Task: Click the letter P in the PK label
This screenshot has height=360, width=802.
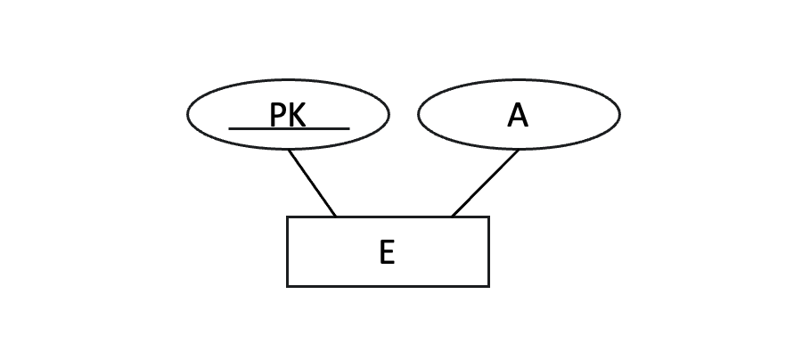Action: [x=277, y=115]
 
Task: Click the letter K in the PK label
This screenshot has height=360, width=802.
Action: [x=297, y=115]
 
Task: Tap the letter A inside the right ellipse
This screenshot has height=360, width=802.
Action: [x=518, y=115]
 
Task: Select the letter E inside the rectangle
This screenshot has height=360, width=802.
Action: [x=387, y=252]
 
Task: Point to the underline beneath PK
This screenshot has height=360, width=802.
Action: [x=289, y=128]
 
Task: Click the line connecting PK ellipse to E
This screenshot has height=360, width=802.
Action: [x=312, y=183]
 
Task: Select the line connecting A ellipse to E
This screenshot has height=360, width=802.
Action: [x=485, y=183]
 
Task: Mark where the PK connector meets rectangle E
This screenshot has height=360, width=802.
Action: [x=336, y=217]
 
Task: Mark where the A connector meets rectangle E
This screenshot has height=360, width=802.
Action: [x=452, y=217]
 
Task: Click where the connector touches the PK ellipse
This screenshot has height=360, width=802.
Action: [x=288, y=150]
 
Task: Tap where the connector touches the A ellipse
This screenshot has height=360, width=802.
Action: [x=519, y=150]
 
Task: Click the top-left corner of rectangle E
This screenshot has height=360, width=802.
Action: [x=287, y=217]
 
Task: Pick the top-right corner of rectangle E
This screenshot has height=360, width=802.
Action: [x=488, y=217]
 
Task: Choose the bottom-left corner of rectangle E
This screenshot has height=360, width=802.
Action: [x=287, y=286]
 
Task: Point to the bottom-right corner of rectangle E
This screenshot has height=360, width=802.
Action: [x=488, y=286]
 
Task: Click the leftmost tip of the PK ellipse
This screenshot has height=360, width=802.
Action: [x=188, y=114]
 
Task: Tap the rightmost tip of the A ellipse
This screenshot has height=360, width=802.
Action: [x=619, y=114]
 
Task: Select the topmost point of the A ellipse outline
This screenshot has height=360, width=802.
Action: [x=519, y=79]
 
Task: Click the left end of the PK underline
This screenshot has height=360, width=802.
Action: [x=230, y=128]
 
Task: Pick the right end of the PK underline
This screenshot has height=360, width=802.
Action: [x=348, y=128]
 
